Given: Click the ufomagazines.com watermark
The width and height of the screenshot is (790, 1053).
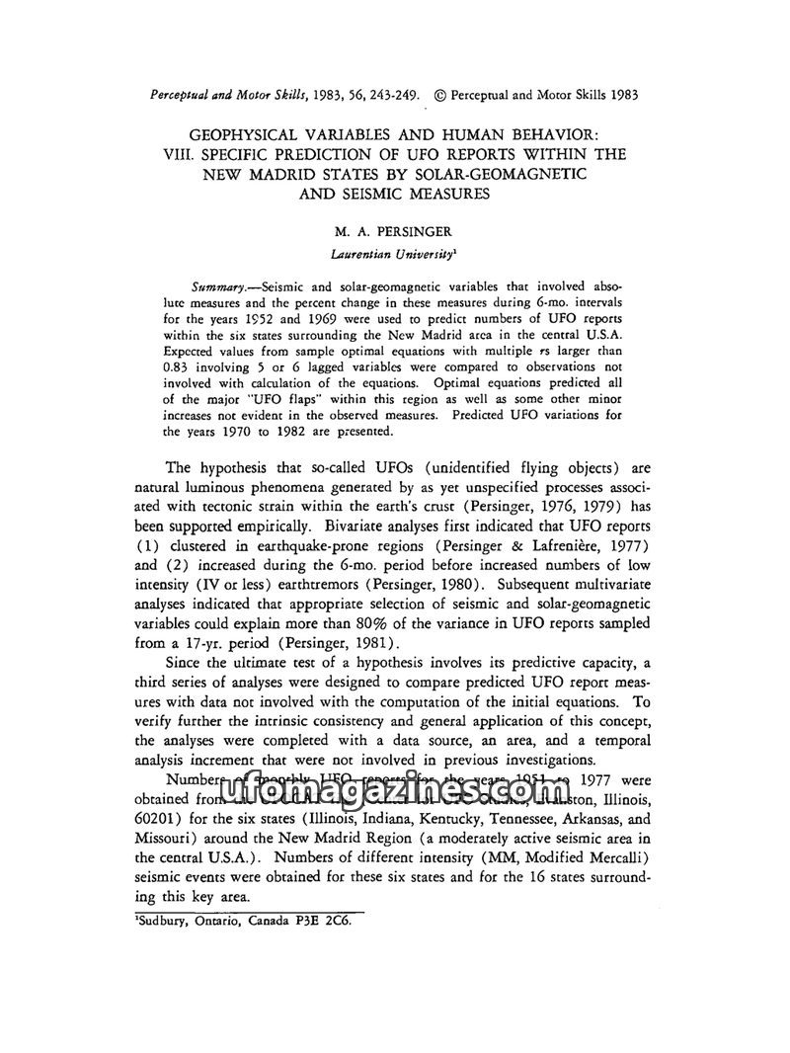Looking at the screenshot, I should click(x=395, y=790).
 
